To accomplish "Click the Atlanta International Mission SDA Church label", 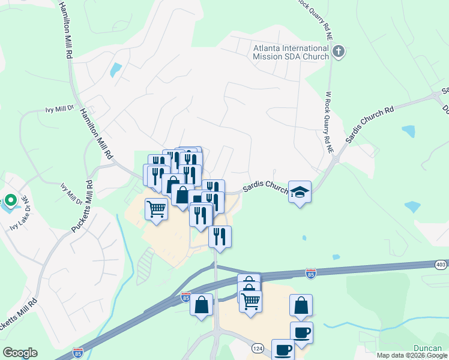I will pos(291,52).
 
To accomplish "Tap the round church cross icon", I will pos(339,52).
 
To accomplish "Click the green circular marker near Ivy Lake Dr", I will pos(10,201).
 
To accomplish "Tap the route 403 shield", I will pos(441,264).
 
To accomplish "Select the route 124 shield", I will pos(258,348).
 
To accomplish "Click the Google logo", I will pos(20,353).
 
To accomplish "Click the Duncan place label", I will pos(428,348).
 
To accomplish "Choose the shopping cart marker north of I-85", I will pos(156,209).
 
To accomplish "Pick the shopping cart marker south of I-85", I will pos(250,300).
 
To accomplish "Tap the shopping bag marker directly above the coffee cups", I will pos(301,305).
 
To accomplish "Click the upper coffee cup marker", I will pos(301,332).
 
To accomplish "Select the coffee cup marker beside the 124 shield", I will pos(283,349).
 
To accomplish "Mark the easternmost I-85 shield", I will pos(310,274).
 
